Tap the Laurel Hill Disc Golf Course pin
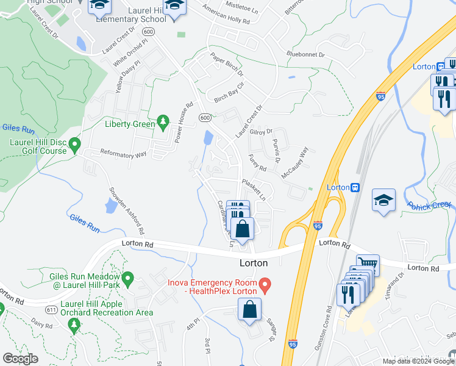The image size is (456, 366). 75,145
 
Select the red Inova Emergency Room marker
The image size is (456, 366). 265,285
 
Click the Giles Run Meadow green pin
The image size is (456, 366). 127,280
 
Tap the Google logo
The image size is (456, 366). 20,359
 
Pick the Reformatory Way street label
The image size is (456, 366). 123,154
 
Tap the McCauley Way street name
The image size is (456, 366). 295,162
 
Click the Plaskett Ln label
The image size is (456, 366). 254,190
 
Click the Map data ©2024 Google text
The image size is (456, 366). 418,361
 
